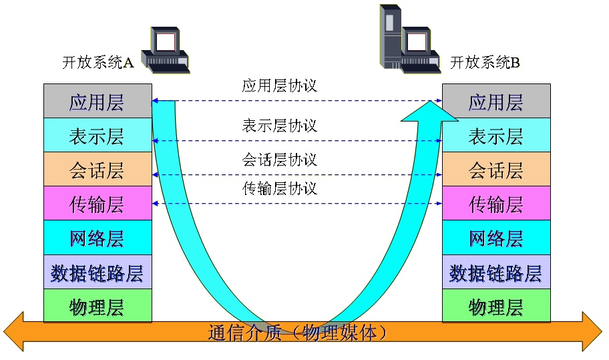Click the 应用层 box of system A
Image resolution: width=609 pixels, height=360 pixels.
click(x=97, y=101)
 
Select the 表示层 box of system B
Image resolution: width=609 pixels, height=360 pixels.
click(x=496, y=135)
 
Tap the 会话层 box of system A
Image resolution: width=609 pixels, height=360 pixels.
click(x=97, y=169)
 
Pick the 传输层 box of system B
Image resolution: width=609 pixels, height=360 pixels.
click(x=496, y=203)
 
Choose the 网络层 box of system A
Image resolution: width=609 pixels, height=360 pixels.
click(x=97, y=237)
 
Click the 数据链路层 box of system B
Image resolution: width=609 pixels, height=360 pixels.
click(x=496, y=272)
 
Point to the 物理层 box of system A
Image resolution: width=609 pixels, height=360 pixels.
click(x=97, y=306)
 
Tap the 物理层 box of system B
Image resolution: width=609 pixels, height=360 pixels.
click(x=496, y=306)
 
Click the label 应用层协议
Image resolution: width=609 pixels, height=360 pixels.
click(x=280, y=85)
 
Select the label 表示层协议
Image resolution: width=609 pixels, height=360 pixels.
click(x=280, y=126)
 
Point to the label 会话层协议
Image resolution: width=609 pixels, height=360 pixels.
click(x=280, y=160)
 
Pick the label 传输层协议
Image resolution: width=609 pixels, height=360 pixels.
click(x=280, y=188)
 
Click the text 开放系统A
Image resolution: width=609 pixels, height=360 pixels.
click(x=98, y=62)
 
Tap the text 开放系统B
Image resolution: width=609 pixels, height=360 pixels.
click(x=485, y=62)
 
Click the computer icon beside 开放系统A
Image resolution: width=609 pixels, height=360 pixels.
click(x=165, y=49)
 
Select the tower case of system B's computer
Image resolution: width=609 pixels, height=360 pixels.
click(x=391, y=37)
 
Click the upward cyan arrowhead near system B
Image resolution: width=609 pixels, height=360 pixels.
click(x=430, y=112)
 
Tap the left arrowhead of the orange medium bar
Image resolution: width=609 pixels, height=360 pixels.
click(x=13, y=332)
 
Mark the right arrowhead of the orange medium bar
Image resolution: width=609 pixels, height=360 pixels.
click(x=592, y=332)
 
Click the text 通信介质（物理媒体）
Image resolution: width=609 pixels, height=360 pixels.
click(x=298, y=333)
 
